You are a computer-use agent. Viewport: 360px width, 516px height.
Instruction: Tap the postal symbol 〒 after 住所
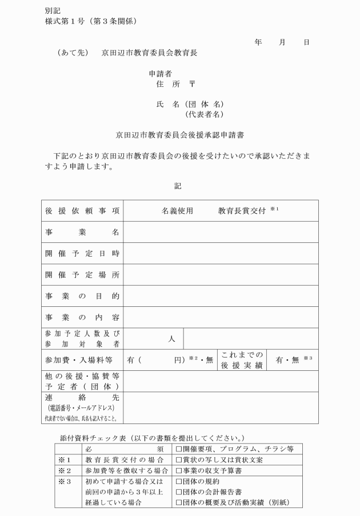pos(193,84)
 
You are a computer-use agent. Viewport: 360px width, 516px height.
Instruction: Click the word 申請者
pos(161,73)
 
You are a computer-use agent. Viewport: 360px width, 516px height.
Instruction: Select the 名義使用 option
pos(177,211)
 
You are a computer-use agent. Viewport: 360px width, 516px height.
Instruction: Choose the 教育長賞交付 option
pos(242,211)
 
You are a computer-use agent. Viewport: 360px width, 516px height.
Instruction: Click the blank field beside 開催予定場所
pos(221,275)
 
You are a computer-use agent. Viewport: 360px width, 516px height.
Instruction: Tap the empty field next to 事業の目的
pos(221,296)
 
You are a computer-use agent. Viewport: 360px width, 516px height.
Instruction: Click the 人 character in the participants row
pos(171,339)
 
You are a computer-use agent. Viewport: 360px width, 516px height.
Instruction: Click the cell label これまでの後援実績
pos(242,360)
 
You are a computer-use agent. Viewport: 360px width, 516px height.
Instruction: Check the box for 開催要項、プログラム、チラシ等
pos(179,449)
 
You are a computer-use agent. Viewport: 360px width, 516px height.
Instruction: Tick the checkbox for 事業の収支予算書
pos(179,471)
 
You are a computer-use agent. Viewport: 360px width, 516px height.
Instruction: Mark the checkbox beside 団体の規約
pos(179,482)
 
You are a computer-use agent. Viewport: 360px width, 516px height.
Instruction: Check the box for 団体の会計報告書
pos(179,492)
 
